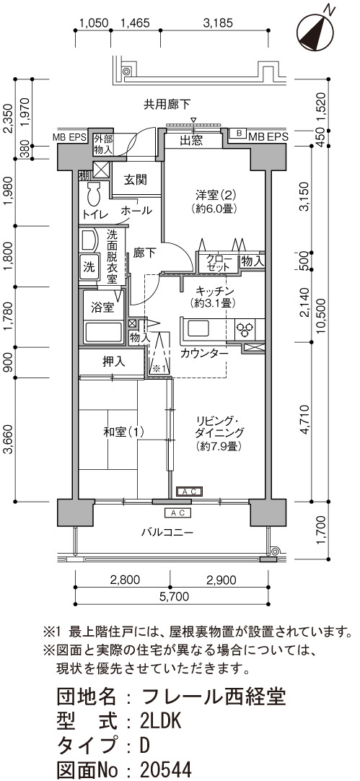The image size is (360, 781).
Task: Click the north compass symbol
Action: (x=315, y=31)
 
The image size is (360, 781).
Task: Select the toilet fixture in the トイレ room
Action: (x=94, y=193)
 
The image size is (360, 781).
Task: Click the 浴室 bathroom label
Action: (x=102, y=307)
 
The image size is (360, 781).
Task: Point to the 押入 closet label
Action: (x=114, y=362)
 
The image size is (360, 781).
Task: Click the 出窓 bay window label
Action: (x=191, y=141)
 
